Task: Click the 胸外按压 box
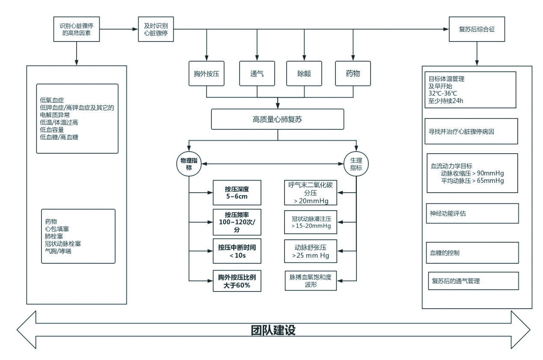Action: coord(207,73)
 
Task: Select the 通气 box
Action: coord(257,73)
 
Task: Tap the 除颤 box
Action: coord(304,73)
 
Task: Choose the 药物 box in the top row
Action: coord(353,73)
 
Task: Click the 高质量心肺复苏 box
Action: coord(278,119)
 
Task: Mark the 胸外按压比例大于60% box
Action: coord(237,281)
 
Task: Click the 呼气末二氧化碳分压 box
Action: coord(310,193)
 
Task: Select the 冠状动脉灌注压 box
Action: coord(310,222)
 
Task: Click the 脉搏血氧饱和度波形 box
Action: coord(310,281)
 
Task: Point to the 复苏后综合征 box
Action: coord(477,30)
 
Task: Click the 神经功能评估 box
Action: coord(472,214)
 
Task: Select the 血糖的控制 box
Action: coord(472,253)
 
